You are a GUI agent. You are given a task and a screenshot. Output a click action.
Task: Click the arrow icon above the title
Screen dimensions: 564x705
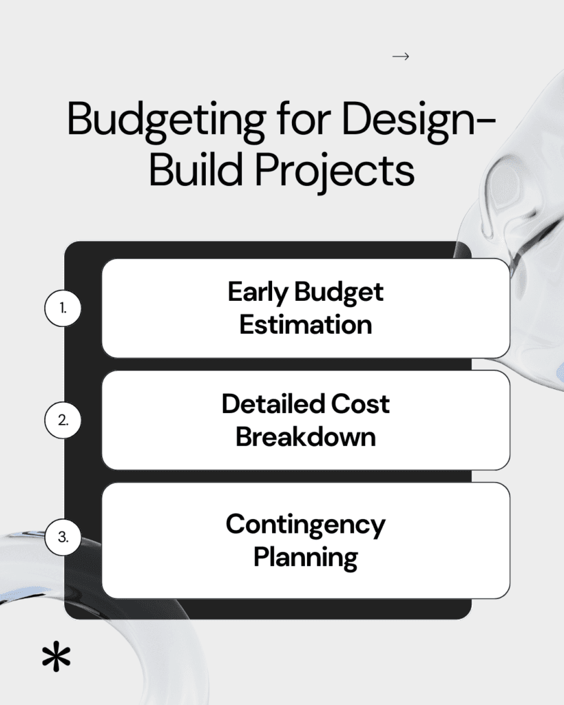tap(401, 56)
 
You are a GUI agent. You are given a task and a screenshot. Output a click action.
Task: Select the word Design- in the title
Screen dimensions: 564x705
tap(419, 120)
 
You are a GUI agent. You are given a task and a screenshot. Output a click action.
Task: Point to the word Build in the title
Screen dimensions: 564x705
tap(196, 169)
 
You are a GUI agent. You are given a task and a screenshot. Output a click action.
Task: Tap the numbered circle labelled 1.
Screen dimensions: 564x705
tap(63, 308)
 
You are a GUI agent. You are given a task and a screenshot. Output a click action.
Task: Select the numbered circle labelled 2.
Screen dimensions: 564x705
tap(63, 421)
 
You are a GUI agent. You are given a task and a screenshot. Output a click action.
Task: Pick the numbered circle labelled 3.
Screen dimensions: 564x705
tap(63, 537)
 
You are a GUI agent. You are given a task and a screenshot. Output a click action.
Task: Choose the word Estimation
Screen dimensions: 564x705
tap(306, 325)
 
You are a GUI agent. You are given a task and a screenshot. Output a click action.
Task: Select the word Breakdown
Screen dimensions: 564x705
tap(306, 436)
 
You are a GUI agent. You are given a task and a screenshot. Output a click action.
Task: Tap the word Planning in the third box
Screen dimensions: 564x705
tap(306, 558)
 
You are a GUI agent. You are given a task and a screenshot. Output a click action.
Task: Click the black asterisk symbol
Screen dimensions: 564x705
tap(56, 657)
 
